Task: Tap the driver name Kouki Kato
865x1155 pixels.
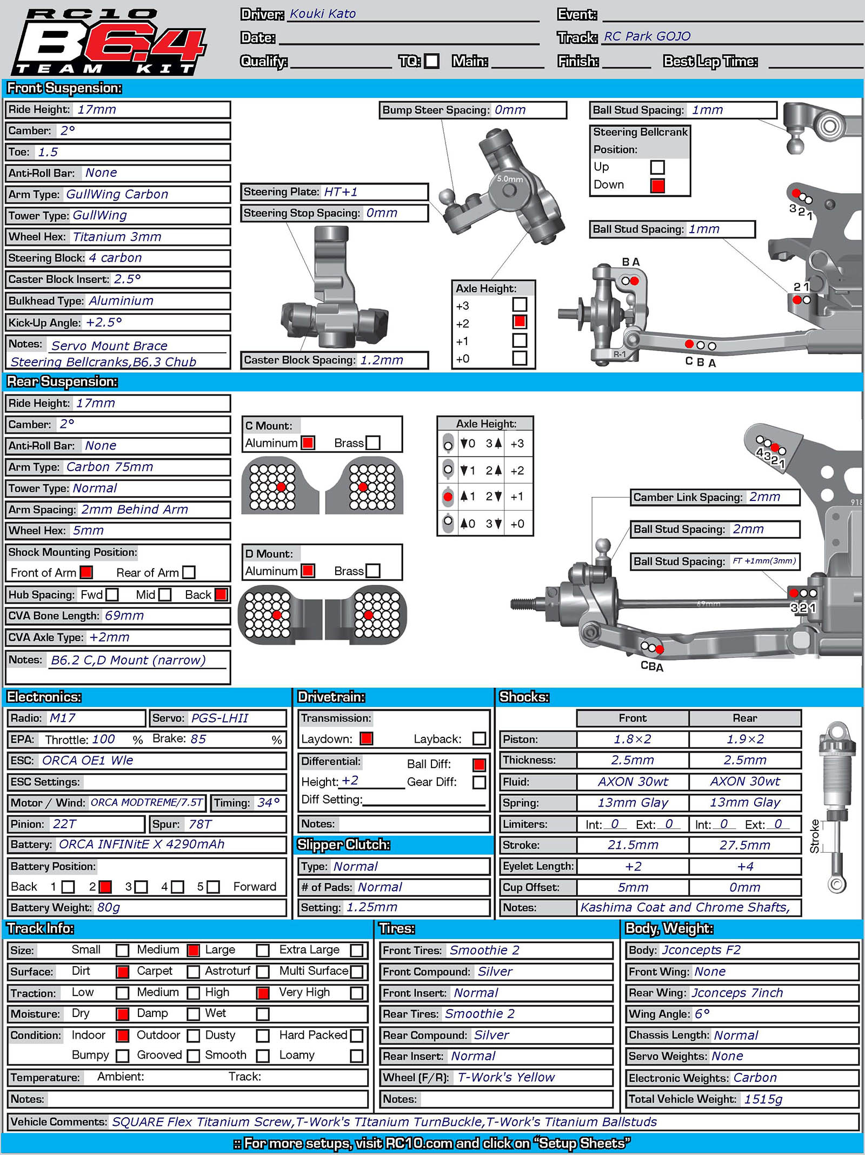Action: [x=322, y=14]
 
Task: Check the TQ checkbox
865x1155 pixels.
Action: [x=431, y=61]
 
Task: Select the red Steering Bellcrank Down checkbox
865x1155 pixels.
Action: [x=657, y=186]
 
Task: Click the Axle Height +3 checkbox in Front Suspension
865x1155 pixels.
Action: [x=520, y=305]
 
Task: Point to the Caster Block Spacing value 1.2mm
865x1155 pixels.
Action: [x=382, y=360]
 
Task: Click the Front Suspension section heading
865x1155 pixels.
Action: [x=64, y=88]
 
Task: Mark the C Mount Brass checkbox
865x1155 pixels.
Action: [x=373, y=443]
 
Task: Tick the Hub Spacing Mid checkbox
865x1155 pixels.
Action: [x=165, y=595]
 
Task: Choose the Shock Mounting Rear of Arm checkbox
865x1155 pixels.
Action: [x=189, y=572]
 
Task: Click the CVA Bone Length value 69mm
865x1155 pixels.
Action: [x=124, y=616]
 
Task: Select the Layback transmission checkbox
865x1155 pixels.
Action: [x=479, y=738]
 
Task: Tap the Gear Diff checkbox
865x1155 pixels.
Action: [x=479, y=782]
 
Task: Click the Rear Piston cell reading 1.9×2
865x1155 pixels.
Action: [x=744, y=739]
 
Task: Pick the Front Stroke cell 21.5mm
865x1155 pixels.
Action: [x=633, y=845]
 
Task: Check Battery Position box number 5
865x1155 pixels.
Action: [x=214, y=887]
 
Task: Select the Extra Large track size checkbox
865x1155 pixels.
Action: [x=357, y=951]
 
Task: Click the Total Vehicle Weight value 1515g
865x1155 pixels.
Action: [x=763, y=1099]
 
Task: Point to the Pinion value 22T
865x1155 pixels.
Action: [x=64, y=824]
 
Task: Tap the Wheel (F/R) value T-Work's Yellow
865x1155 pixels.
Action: [x=506, y=1077]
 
